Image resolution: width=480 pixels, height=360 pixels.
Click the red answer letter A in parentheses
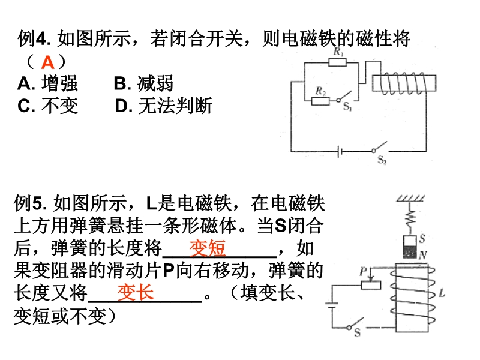pyautogui.click(x=48, y=62)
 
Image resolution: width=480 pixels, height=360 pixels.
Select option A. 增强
pyautogui.click(x=48, y=84)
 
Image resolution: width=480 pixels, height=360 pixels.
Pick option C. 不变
pyautogui.click(x=48, y=106)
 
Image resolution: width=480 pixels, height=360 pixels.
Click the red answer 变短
pyautogui.click(x=207, y=248)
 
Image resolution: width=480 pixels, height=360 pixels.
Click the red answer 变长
pyautogui.click(x=135, y=292)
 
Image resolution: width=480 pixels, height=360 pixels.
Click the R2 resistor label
pyautogui.click(x=320, y=91)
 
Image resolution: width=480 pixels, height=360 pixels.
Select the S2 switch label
pyautogui.click(x=382, y=160)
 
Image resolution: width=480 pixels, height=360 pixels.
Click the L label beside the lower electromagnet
pyautogui.click(x=442, y=293)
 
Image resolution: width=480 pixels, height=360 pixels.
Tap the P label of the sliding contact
pyautogui.click(x=363, y=271)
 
